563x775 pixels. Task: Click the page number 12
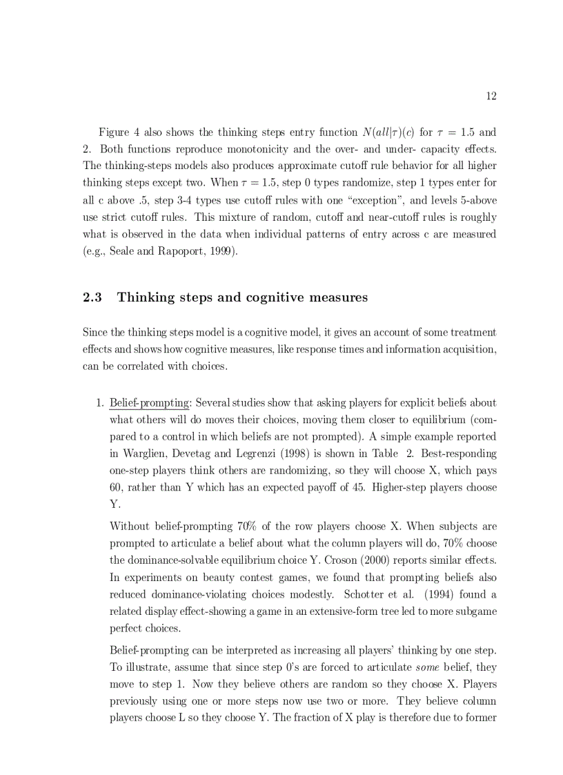(x=491, y=96)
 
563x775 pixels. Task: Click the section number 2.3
(x=92, y=297)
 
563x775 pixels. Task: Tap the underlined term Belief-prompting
(x=149, y=402)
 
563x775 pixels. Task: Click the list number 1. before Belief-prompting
(x=99, y=402)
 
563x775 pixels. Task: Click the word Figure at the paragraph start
(x=115, y=132)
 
